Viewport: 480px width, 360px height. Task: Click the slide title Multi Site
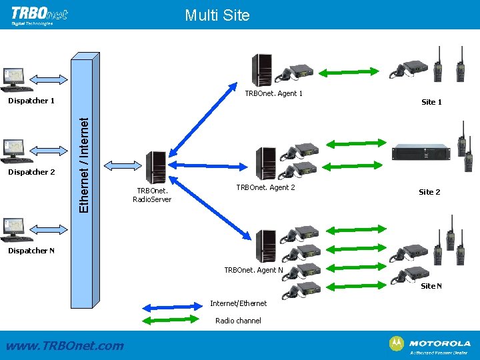click(x=217, y=15)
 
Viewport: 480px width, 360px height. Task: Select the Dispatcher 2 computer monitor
click(x=14, y=148)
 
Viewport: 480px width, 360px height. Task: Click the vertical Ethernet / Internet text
click(x=84, y=165)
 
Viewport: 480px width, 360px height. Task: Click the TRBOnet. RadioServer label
click(x=152, y=194)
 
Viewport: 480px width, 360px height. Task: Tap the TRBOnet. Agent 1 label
click(x=273, y=93)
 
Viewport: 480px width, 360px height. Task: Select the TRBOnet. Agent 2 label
click(x=265, y=187)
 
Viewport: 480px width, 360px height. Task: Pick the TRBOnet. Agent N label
click(x=253, y=270)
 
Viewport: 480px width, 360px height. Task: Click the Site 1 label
click(x=431, y=102)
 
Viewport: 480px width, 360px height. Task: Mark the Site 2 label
click(x=429, y=192)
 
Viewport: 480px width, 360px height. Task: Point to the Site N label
click(x=431, y=286)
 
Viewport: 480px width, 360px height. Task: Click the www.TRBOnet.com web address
click(x=64, y=345)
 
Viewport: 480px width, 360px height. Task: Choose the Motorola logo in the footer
click(x=429, y=345)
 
